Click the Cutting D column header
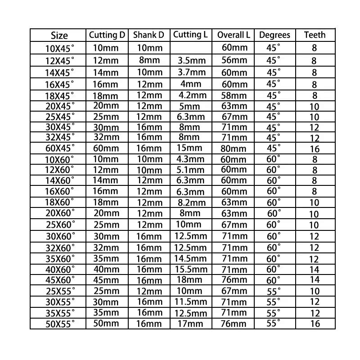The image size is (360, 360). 107,35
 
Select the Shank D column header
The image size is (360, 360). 148,35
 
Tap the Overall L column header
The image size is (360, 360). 233,35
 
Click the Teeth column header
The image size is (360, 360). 315,35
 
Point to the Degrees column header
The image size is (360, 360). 274,35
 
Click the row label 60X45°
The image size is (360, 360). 60,149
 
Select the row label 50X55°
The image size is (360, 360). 60,324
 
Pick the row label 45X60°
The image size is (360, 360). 60,280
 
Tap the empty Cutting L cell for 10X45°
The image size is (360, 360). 192,48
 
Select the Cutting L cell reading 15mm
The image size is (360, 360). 192,148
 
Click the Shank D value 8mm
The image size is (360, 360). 148,60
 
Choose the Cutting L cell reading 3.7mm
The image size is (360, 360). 192,72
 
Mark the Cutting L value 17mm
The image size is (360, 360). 192,323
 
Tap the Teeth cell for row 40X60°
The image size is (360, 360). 315,270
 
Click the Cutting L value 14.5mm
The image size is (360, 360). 192,258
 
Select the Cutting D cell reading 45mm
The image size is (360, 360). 107,280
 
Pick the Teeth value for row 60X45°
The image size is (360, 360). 315,149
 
